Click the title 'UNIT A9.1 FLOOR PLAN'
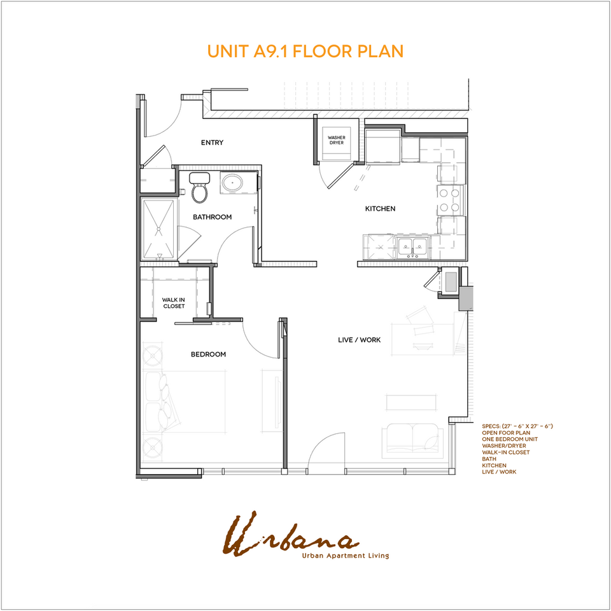(x=305, y=51)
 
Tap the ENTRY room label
(x=212, y=143)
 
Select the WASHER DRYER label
(x=336, y=140)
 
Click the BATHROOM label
(x=213, y=217)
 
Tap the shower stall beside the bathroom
(x=158, y=229)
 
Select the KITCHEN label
(x=380, y=209)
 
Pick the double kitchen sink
(x=412, y=247)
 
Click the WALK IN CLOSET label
(x=173, y=302)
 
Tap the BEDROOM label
(x=208, y=355)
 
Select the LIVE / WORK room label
(x=359, y=340)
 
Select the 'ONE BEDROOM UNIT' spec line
(x=509, y=439)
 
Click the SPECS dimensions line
(x=517, y=425)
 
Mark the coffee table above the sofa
(x=412, y=402)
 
